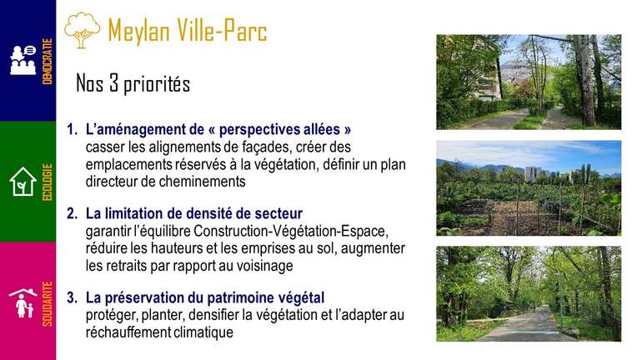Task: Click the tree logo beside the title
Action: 83,30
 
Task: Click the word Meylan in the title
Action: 138,31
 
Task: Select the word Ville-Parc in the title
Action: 222,30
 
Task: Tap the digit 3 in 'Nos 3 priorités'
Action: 113,82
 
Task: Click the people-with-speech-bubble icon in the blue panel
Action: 23,60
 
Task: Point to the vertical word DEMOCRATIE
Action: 48,62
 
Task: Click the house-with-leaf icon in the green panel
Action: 23,181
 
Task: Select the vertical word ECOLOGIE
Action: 48,182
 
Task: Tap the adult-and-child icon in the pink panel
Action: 23,302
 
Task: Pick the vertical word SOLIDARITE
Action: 48,304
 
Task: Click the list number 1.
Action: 72,130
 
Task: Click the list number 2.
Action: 72,213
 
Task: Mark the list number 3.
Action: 72,297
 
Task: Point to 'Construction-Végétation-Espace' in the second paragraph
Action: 291,231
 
